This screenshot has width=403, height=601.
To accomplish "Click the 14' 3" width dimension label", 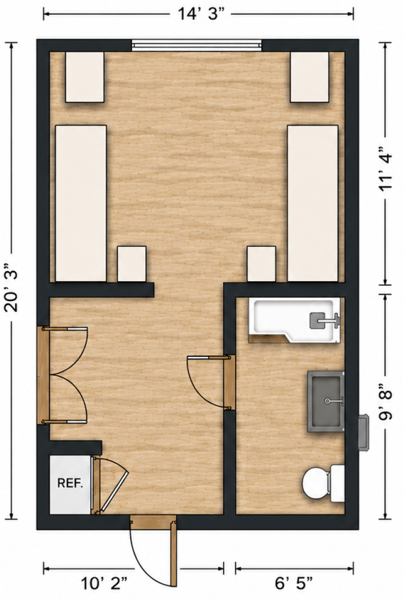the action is [x=200, y=14].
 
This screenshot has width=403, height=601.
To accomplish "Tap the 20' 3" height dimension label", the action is [x=11, y=287].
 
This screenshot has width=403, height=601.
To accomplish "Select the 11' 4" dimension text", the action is [x=386, y=167].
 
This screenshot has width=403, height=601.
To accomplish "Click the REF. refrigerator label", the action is [x=70, y=483].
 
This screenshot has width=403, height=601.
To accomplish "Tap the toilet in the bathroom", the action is [x=323, y=483].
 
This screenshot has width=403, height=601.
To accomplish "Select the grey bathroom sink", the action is [x=326, y=401].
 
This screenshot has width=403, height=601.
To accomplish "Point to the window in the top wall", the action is [x=197, y=45].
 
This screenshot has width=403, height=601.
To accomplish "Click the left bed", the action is [x=81, y=203].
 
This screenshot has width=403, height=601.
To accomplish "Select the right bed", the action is [x=313, y=203].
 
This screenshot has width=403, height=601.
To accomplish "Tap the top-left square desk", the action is [x=85, y=77].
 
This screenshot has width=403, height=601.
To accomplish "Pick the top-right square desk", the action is [x=310, y=77].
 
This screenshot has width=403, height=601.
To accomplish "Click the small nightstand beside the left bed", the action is [x=132, y=264].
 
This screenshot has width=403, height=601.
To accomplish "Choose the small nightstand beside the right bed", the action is [x=262, y=264].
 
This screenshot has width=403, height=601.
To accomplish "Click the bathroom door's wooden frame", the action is [x=229, y=382].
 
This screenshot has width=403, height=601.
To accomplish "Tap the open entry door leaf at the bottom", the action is [x=174, y=552].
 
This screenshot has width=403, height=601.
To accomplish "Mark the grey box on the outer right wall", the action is [x=363, y=431].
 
